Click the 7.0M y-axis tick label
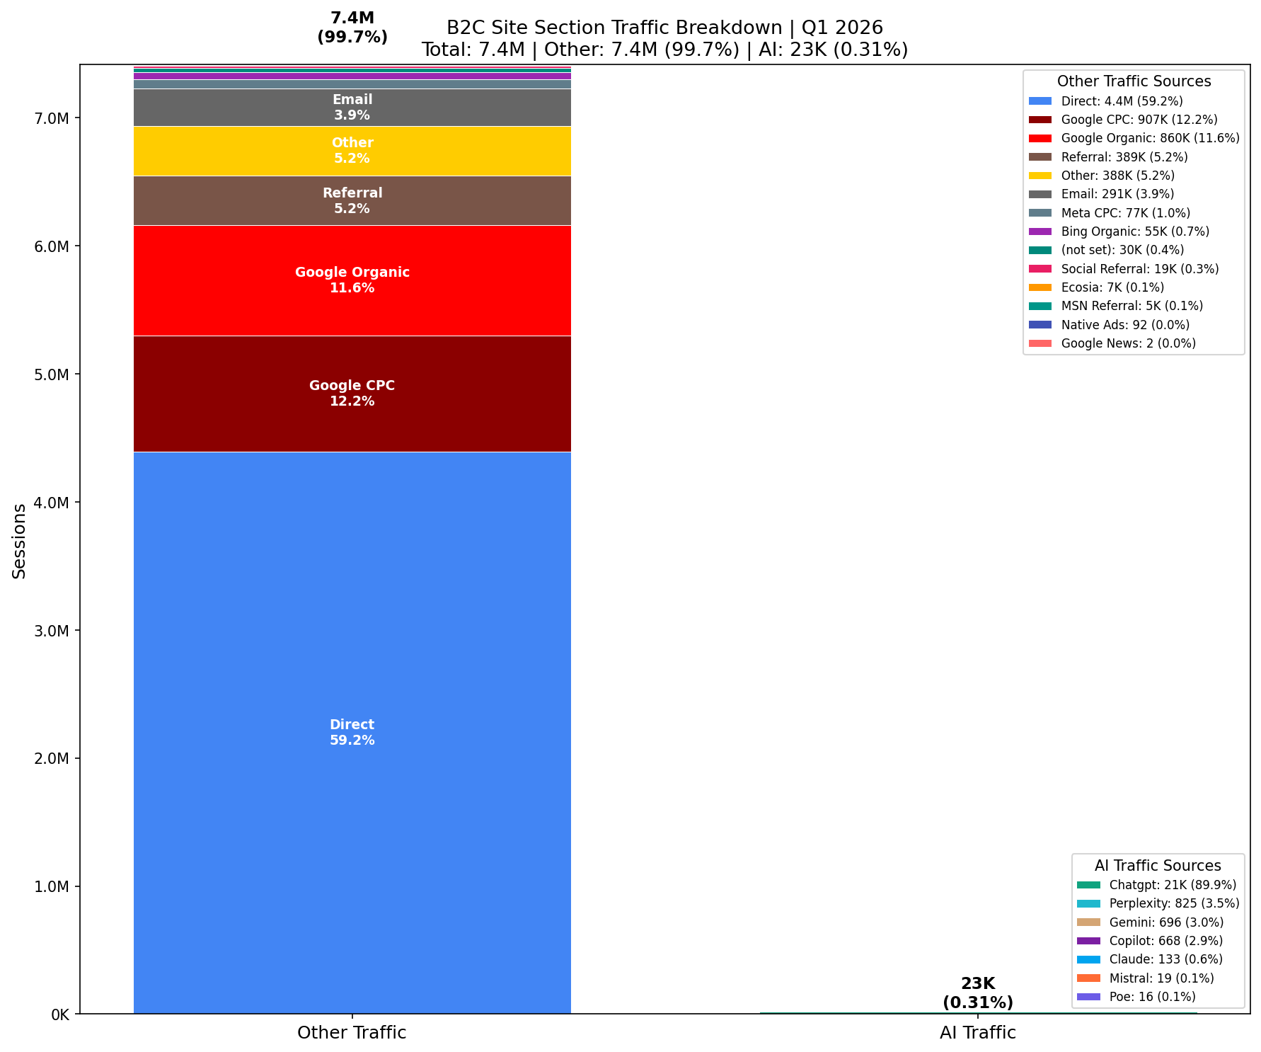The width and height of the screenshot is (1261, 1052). (52, 118)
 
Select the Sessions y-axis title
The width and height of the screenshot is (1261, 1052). (19, 541)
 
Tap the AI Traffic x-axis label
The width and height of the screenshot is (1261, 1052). (977, 1033)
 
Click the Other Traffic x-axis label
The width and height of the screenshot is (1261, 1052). (352, 1033)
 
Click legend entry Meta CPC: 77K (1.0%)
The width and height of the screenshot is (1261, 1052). (1125, 213)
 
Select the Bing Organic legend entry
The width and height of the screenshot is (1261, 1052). (1134, 231)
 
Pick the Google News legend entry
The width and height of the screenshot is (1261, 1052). (1128, 343)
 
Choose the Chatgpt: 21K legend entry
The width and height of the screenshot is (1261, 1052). (1172, 885)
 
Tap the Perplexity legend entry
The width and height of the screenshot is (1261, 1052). (1173, 903)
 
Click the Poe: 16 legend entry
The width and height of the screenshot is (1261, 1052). (1152, 997)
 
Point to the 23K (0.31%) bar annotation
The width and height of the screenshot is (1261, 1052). (977, 993)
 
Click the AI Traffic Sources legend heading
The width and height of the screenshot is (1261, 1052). (1157, 866)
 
